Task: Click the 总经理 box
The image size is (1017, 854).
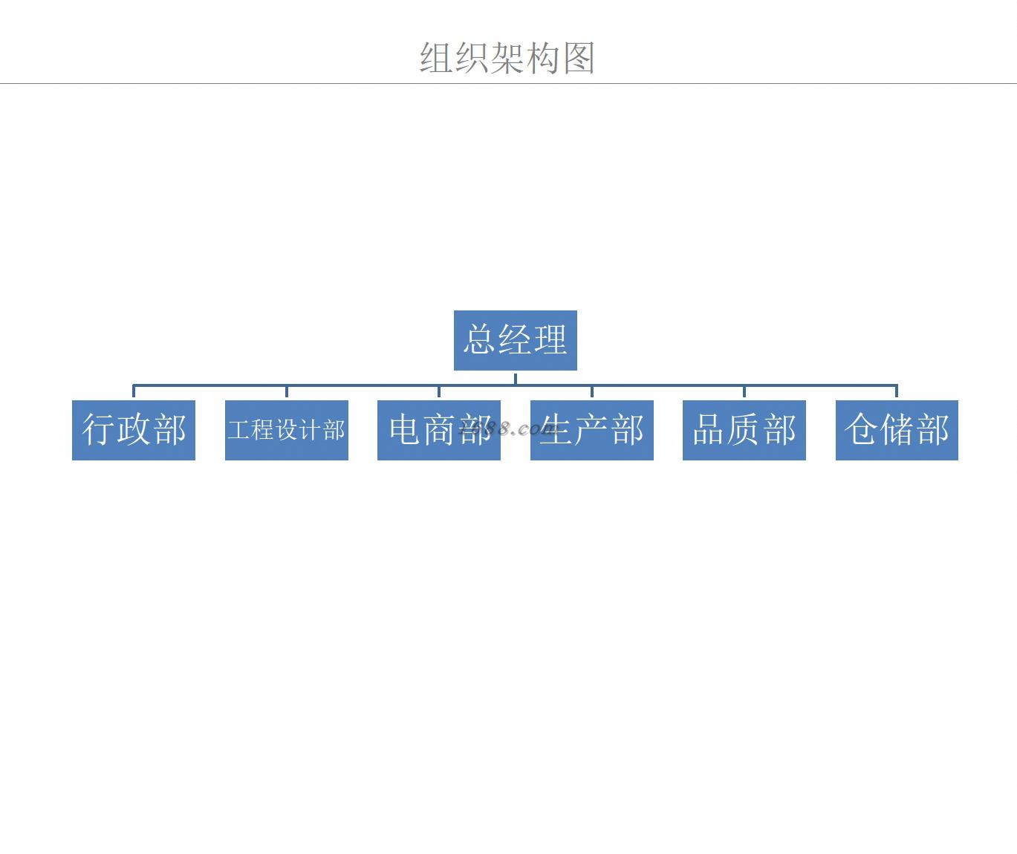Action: pos(515,340)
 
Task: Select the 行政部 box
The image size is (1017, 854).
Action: pos(134,430)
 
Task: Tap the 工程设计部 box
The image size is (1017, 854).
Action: pos(286,430)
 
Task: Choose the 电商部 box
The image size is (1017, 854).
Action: pos(438,430)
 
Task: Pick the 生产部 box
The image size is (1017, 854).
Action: pos(591,430)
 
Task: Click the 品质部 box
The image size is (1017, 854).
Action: pos(744,430)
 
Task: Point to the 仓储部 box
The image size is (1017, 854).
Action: pos(897,430)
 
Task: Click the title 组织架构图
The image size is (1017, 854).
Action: pos(507,57)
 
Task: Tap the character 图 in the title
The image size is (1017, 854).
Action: pos(579,57)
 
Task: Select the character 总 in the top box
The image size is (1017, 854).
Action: pos(480,340)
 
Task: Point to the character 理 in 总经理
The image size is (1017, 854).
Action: pos(550,340)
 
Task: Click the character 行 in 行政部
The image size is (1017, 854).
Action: pos(98,430)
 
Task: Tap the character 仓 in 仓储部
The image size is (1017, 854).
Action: pos(861,430)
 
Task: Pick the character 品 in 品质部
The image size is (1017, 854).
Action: pos(709,430)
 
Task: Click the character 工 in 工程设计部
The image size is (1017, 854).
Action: pos(239,430)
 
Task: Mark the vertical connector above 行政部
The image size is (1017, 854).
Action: pos(134,392)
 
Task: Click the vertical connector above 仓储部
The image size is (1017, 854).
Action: pos(897,392)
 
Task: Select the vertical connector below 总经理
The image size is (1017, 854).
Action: pos(515,378)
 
